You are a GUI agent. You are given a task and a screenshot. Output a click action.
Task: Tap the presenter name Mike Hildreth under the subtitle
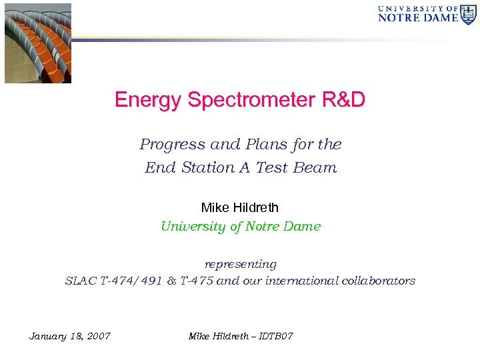[x=240, y=208]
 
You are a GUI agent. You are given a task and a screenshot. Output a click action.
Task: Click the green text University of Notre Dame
[x=240, y=227]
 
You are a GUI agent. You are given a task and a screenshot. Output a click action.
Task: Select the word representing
[x=240, y=265]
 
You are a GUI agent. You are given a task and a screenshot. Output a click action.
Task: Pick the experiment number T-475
[x=195, y=281]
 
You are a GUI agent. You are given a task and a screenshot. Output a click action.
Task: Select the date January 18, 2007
[x=70, y=335]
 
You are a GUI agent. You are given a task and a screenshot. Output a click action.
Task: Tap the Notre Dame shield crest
[x=469, y=14]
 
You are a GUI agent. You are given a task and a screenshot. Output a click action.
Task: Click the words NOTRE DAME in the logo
[x=418, y=18]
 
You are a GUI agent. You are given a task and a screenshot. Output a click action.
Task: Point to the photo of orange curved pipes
[x=38, y=43]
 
